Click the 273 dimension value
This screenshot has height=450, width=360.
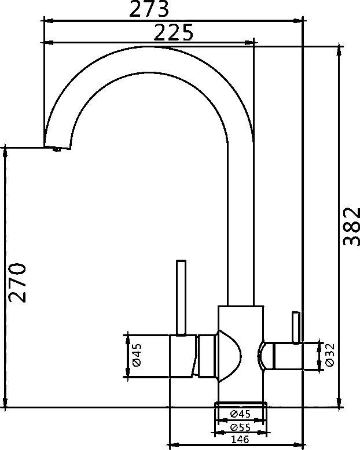click(x=148, y=9)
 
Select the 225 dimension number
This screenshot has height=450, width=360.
click(x=174, y=32)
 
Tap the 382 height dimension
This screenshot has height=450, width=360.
click(x=352, y=226)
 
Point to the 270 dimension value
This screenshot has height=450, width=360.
click(x=17, y=282)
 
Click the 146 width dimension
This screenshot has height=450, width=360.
click(x=240, y=439)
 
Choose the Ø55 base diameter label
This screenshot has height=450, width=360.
click(x=240, y=427)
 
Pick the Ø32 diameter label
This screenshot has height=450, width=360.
click(x=330, y=355)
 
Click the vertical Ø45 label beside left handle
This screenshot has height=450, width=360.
click(x=137, y=355)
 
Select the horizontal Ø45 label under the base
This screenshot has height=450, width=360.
click(x=240, y=414)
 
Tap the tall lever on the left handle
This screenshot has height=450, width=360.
click(x=181, y=298)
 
